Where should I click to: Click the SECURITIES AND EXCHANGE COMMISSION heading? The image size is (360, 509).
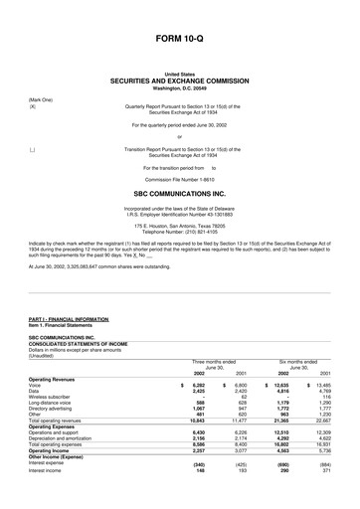coord(180,80)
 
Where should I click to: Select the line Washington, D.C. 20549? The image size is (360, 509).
coord(180,87)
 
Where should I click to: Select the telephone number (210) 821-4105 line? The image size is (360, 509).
coord(180,226)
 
